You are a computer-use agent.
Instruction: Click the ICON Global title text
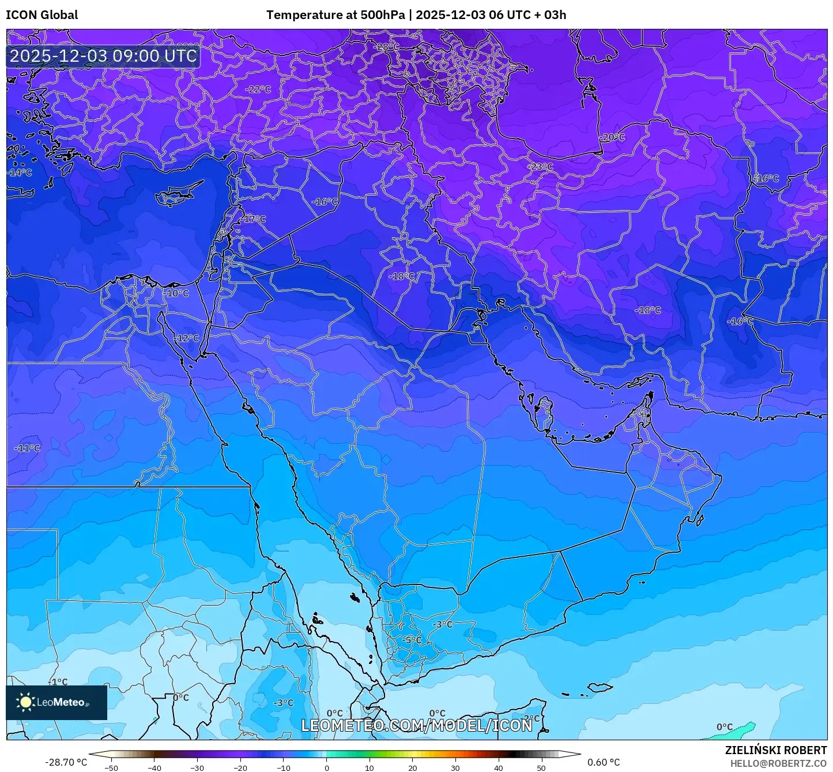click(42, 15)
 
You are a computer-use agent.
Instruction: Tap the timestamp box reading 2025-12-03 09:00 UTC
click(103, 56)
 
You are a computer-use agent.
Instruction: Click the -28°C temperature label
click(387, 46)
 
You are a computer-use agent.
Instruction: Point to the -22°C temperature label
click(258, 89)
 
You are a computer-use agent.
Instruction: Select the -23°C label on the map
click(540, 167)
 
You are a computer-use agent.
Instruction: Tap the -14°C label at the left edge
click(20, 173)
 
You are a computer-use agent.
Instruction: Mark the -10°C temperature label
click(176, 293)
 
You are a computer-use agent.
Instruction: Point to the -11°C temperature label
click(27, 448)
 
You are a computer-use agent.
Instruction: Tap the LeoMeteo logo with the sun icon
click(56, 702)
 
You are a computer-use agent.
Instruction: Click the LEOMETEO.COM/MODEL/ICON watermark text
click(416, 725)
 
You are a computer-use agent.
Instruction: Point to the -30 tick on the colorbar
click(197, 767)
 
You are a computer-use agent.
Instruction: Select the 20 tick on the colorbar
click(412, 767)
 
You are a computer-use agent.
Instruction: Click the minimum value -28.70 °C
click(66, 762)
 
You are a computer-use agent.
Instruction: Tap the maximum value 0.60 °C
click(604, 762)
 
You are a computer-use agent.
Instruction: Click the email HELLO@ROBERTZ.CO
click(778, 763)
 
